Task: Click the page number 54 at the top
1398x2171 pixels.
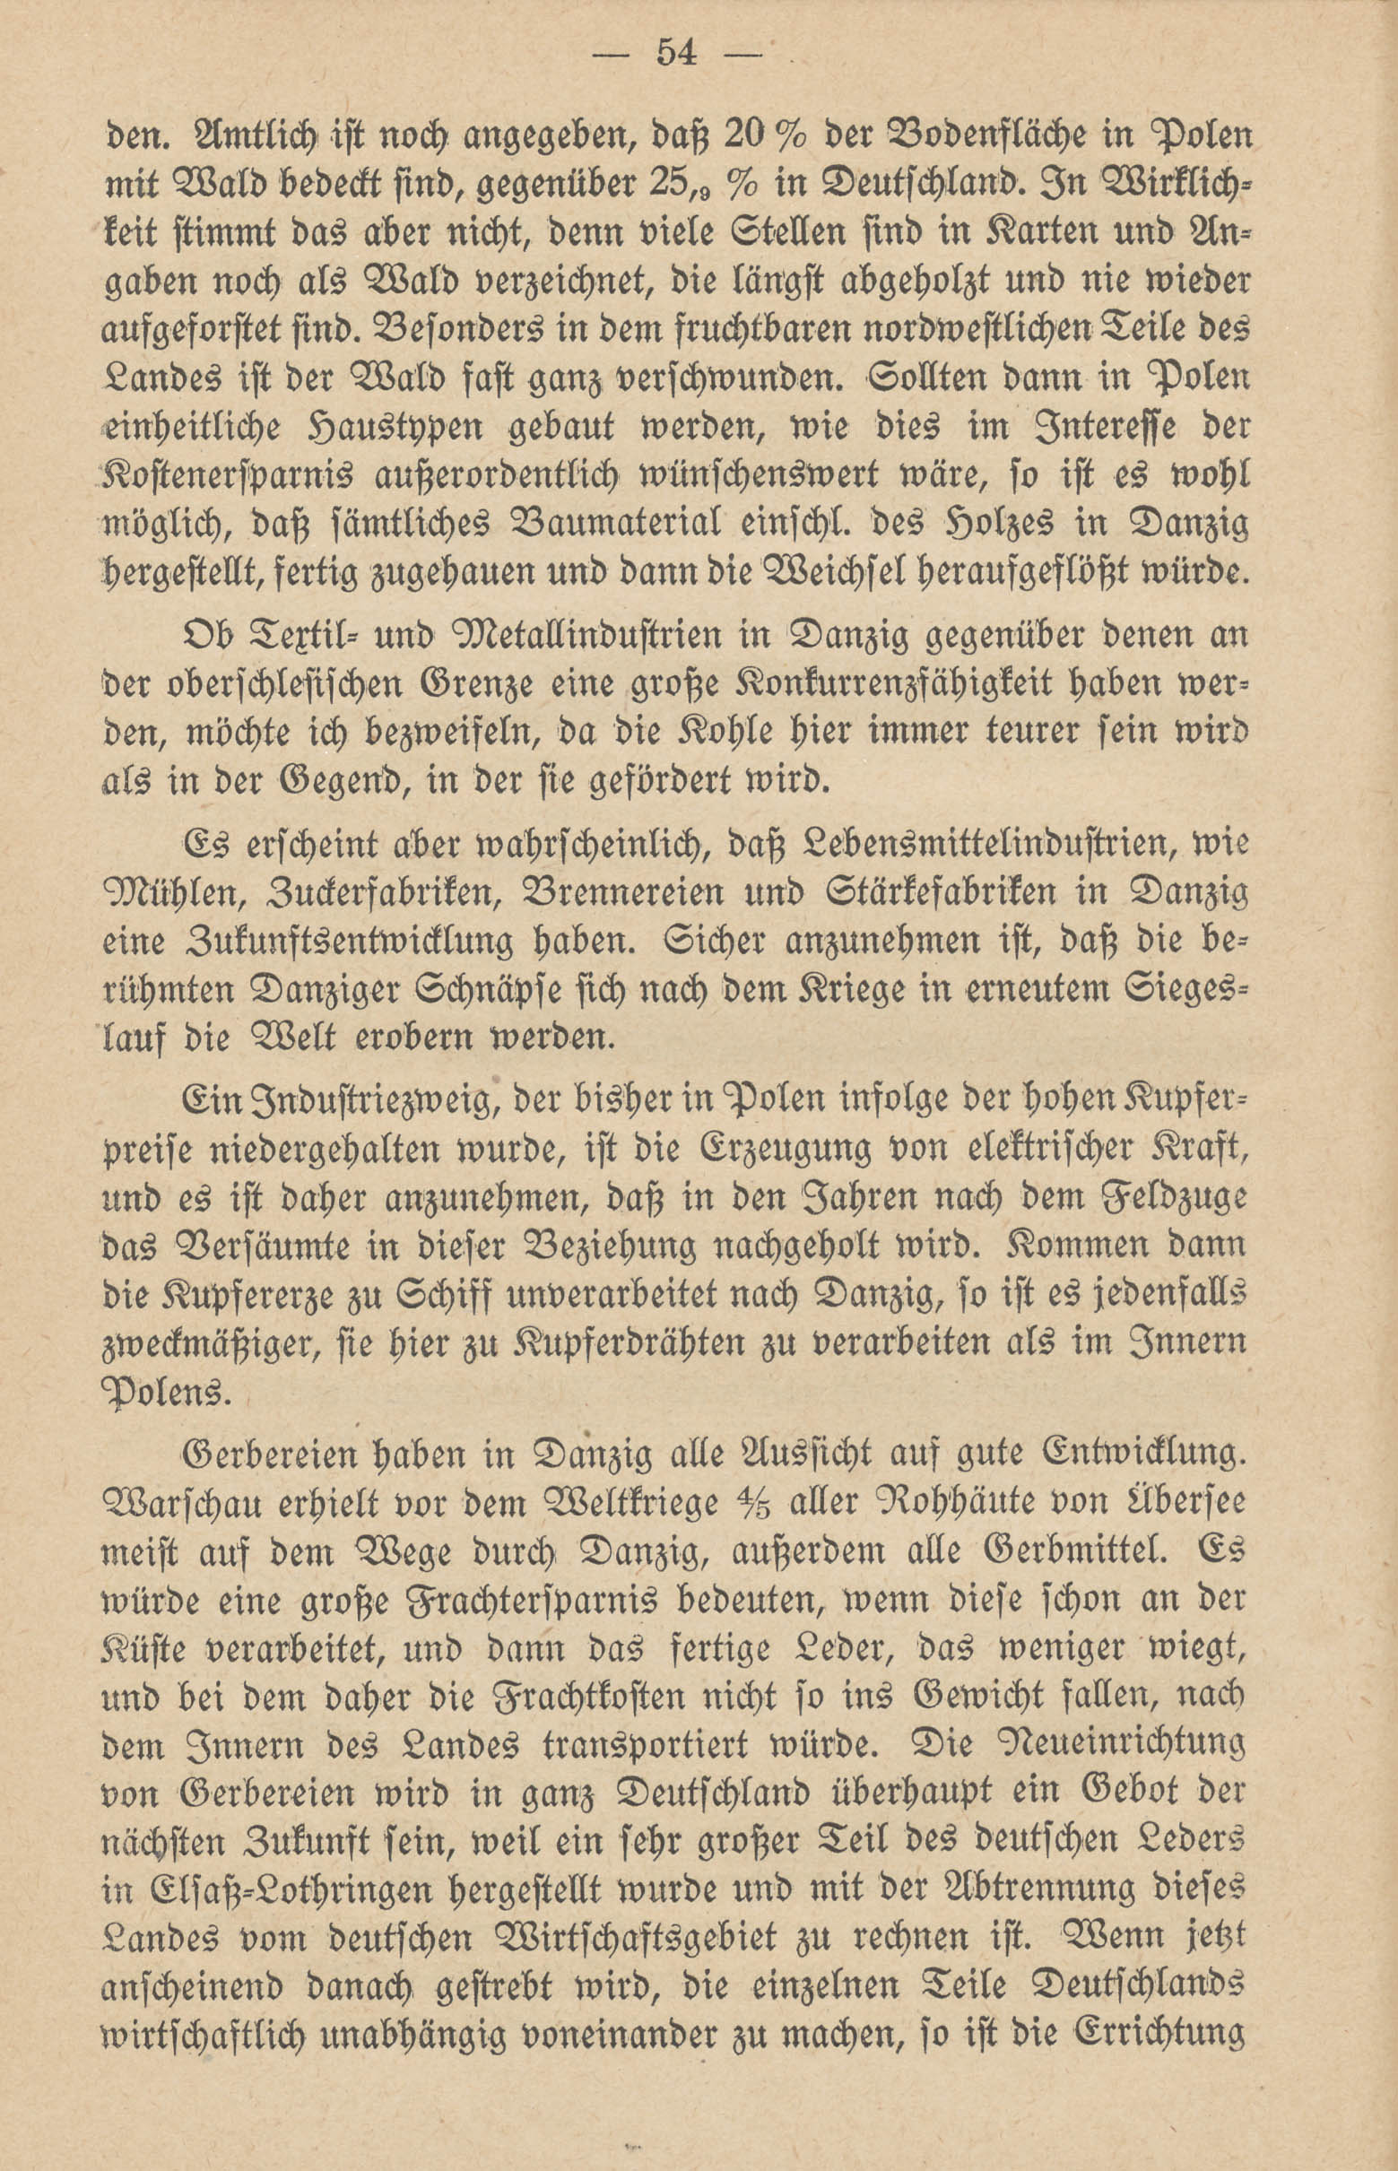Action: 675,56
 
